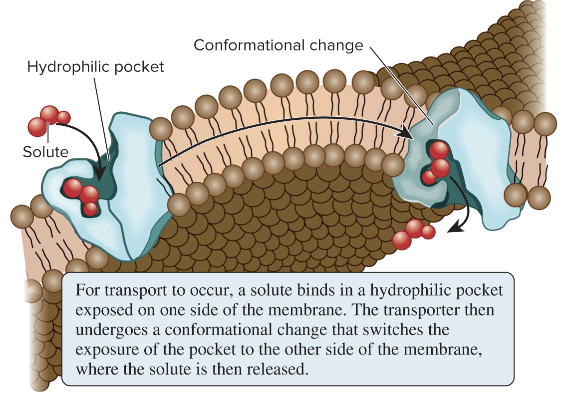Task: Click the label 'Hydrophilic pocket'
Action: click(95, 66)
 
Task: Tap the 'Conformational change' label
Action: click(278, 45)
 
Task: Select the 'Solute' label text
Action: click(45, 151)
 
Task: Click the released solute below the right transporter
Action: click(414, 232)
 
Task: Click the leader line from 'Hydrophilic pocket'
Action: click(101, 115)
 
